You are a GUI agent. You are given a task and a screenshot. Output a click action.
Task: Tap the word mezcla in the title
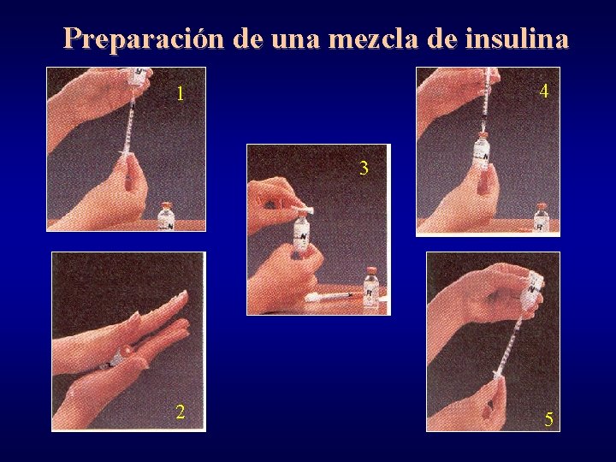[372, 39]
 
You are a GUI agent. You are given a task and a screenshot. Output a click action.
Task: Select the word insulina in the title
[517, 38]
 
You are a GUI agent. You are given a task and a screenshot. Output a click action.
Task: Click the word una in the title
[295, 41]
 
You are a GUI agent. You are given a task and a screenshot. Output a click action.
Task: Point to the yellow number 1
[181, 94]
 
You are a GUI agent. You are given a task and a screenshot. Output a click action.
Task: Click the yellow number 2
[180, 412]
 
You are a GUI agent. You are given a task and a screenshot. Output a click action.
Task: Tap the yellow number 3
[364, 168]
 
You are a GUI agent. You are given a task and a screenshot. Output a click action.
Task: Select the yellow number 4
[544, 91]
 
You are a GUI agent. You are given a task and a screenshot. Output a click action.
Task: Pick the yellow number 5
[548, 419]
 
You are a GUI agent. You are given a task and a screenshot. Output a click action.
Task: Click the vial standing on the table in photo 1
[166, 216]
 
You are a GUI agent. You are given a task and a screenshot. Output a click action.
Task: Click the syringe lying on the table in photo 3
[330, 296]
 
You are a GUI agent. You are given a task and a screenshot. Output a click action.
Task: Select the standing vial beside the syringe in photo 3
[371, 287]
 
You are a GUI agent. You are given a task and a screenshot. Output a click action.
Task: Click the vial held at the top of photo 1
[138, 77]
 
